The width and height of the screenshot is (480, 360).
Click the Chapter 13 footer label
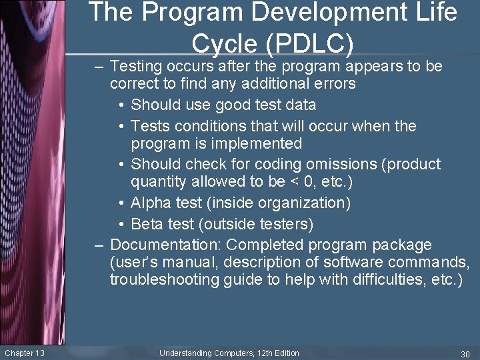point(25,353)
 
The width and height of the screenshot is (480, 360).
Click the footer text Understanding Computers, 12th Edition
point(229,353)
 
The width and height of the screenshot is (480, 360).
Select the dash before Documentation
point(99,245)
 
